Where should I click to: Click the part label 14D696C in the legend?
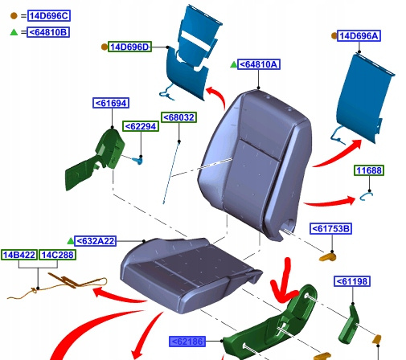point(49,16)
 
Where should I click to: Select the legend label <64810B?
point(48,32)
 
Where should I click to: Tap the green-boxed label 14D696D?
point(129,47)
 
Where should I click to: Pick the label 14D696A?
point(359,35)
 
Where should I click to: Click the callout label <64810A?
point(259,64)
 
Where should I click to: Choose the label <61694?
point(111,103)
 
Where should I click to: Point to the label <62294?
point(141,126)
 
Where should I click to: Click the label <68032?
point(179,117)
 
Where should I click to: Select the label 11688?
point(369,170)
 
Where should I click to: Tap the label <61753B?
point(330,228)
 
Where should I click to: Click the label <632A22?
point(95,241)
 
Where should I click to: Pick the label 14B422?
point(19,255)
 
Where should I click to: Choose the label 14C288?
point(57,255)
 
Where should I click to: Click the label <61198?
point(352,281)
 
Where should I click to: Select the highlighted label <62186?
point(187,342)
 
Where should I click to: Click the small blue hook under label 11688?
point(366,196)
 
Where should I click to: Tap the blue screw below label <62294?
point(137,161)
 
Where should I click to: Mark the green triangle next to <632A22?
point(70,241)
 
